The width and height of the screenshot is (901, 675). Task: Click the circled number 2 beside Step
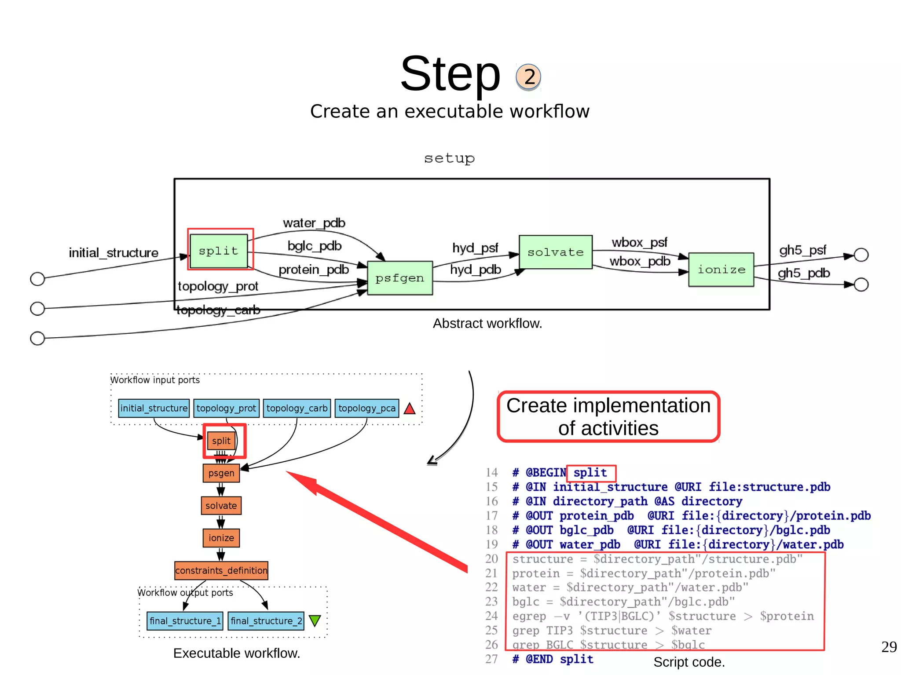(528, 77)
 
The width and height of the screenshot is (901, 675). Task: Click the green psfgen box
(399, 278)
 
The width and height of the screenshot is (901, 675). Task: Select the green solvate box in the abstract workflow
(555, 252)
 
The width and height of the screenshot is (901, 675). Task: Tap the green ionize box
(721, 270)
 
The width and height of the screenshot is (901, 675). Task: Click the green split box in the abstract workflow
(218, 251)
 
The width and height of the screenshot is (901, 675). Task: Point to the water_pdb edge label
(314, 223)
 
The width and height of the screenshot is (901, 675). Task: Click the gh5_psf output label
(802, 250)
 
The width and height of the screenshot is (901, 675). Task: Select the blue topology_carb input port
(297, 408)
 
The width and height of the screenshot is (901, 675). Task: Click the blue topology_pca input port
(366, 408)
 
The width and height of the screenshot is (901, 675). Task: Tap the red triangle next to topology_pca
(410, 409)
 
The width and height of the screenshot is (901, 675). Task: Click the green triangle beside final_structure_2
(315, 620)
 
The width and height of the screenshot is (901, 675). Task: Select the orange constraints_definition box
(221, 570)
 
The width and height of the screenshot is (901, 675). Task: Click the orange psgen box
(221, 473)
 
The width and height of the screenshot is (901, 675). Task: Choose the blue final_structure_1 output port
(185, 620)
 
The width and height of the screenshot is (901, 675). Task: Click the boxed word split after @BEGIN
(590, 473)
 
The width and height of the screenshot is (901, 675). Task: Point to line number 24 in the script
(491, 616)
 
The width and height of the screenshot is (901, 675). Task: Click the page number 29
(889, 646)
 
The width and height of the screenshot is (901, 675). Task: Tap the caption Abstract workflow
(487, 323)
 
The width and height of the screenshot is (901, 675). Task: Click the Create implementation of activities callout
(608, 416)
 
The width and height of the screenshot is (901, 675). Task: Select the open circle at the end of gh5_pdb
(861, 285)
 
